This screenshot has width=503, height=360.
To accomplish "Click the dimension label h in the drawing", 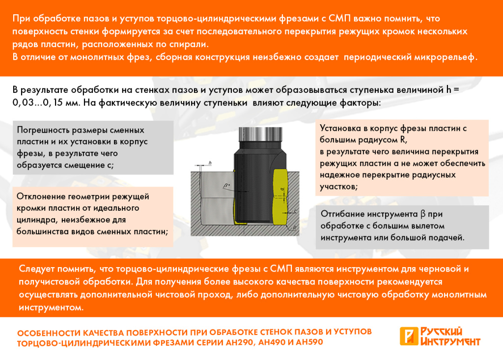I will pos(210,162).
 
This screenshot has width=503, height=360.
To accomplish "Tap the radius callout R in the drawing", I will pos(293,228).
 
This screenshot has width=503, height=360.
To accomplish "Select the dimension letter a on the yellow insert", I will pos(282,188).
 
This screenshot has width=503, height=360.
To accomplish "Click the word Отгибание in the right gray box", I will pos(344,214).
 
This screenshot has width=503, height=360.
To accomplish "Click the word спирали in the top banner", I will pos(186,44).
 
